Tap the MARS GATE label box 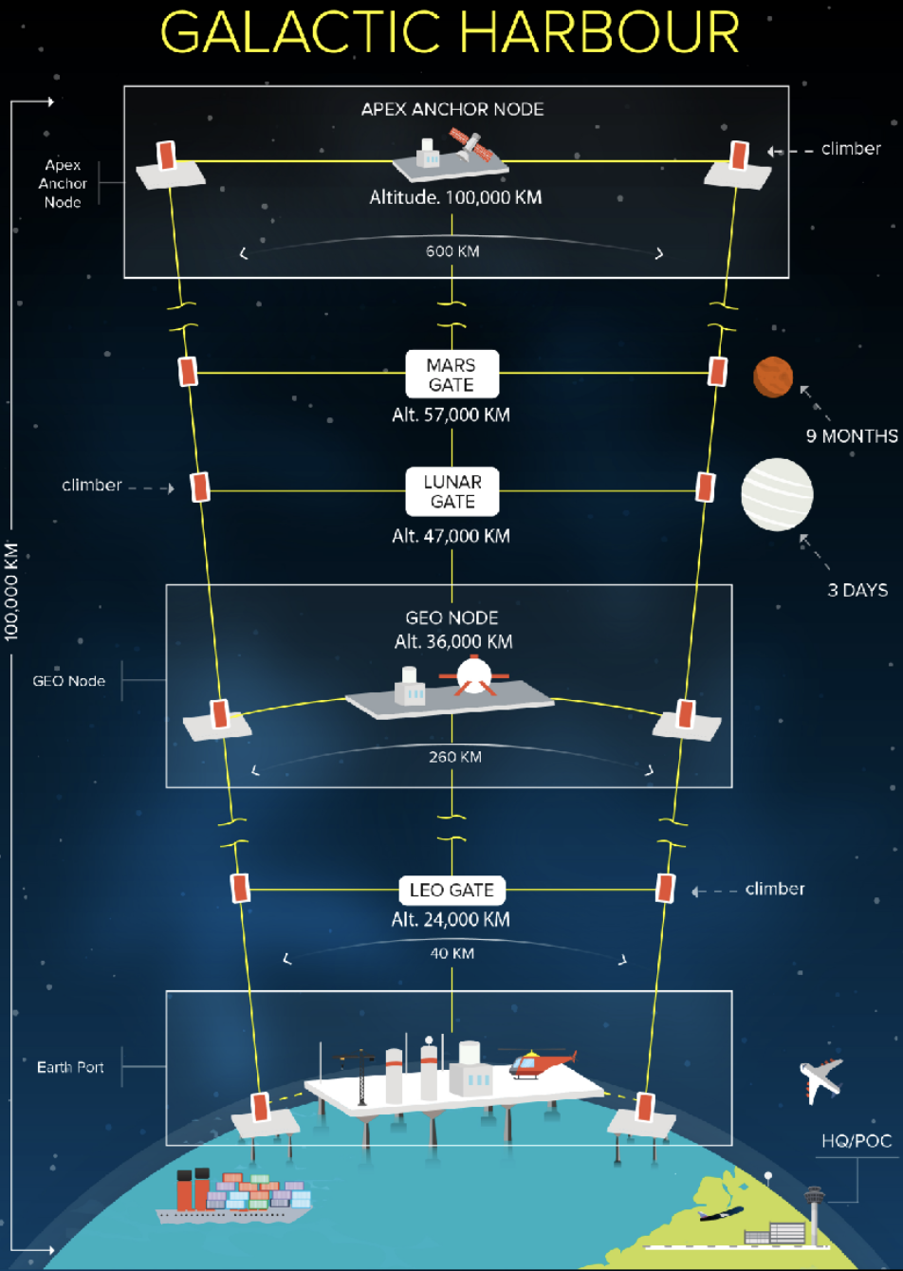click(x=451, y=374)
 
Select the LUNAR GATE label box click(x=452, y=491)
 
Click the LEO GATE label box click(x=451, y=891)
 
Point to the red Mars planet click(x=772, y=377)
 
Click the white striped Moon click(x=777, y=494)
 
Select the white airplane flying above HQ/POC click(x=820, y=1079)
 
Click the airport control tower click(x=815, y=1204)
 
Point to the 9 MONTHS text click(x=852, y=436)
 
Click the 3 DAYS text click(x=857, y=590)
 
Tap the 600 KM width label click(x=451, y=251)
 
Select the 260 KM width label click(x=454, y=757)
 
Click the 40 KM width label click(x=451, y=952)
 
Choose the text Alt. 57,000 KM click(x=451, y=414)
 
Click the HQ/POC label click(x=857, y=1141)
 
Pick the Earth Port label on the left click(x=70, y=1067)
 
